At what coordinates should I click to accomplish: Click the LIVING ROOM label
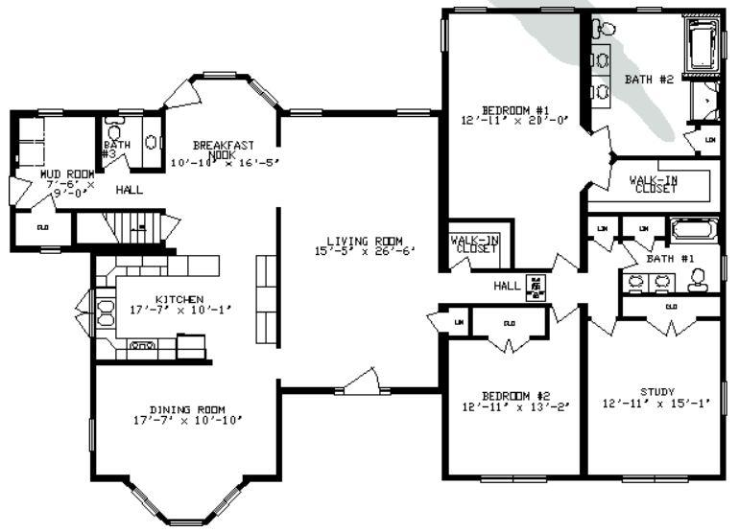(364, 241)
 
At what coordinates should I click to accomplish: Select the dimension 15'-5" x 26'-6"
(364, 252)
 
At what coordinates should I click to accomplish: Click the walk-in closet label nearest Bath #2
(653, 184)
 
